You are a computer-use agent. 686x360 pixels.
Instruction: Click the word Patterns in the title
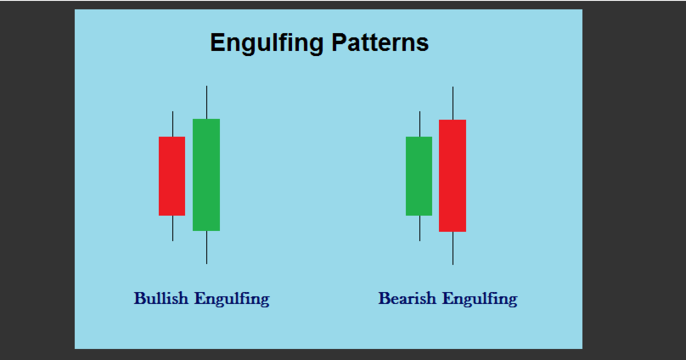coord(380,42)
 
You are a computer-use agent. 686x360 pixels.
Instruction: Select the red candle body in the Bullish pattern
coord(172,176)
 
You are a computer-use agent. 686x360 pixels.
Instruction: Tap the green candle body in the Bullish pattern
coord(206,175)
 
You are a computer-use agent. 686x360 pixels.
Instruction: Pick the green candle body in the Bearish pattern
coord(419,176)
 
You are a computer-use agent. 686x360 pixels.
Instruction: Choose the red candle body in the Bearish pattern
coord(453,176)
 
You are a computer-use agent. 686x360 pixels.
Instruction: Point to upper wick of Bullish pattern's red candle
coord(173,124)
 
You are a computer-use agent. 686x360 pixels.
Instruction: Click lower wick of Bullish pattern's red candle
coord(173,228)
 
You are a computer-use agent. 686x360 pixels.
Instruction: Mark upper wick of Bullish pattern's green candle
coord(206,103)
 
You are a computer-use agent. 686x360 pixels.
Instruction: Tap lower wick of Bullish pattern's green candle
coord(206,247)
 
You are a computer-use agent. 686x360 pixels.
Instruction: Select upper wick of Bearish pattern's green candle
coord(420,124)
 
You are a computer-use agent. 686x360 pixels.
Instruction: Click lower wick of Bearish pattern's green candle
coord(420,228)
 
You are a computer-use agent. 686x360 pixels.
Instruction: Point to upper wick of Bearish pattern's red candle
coord(453,104)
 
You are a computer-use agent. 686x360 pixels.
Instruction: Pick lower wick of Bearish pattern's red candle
coord(453,248)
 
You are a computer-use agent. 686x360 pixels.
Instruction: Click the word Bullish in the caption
coord(161,298)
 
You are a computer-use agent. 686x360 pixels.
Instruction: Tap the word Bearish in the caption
coord(408,298)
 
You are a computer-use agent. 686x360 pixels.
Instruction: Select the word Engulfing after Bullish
coord(232,299)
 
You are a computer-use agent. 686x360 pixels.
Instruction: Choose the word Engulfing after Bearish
coord(480,299)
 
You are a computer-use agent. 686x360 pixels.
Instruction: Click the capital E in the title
coord(218,42)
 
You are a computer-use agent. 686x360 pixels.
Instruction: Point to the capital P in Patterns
coord(340,42)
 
